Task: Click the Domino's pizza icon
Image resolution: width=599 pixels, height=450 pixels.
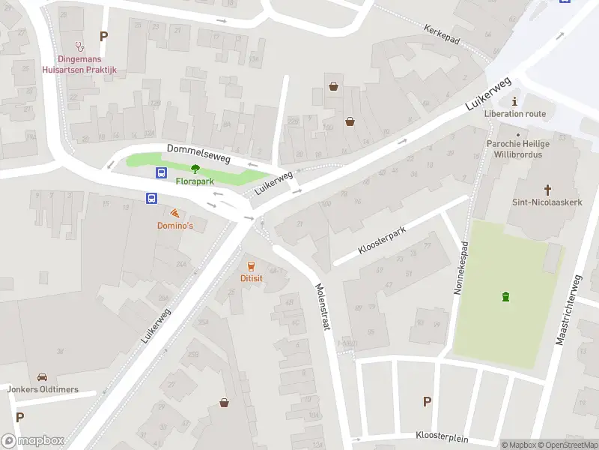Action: [x=174, y=213]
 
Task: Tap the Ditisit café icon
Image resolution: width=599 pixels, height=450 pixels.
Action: [x=250, y=265]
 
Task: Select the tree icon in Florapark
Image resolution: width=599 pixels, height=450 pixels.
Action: [x=195, y=169]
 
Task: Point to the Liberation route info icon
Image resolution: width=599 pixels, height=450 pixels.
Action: [x=514, y=101]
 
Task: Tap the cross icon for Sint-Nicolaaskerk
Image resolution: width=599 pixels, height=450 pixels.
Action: [x=547, y=190]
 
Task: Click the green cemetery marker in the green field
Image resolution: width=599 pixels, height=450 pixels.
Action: [x=506, y=296]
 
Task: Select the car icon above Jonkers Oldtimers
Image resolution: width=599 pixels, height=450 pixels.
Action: [x=42, y=376]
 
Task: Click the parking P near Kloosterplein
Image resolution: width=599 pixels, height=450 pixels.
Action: [x=427, y=401]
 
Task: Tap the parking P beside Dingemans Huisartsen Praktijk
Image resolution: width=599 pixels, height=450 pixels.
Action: [x=103, y=36]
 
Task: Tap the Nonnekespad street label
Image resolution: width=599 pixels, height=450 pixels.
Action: [x=462, y=267]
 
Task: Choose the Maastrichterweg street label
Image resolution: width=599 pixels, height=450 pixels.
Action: [x=568, y=309]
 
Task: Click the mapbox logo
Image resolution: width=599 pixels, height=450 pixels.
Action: [x=33, y=440]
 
